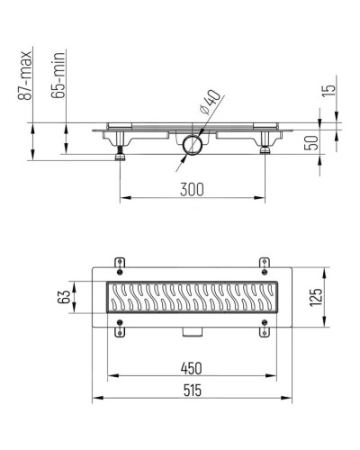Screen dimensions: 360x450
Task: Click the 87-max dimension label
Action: (24, 76)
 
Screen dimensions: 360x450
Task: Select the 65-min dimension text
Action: (58, 76)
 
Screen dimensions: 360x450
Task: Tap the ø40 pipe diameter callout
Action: (211, 102)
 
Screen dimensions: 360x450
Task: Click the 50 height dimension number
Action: (311, 143)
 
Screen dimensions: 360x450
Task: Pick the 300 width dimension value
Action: (192, 190)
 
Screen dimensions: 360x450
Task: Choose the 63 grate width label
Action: (64, 297)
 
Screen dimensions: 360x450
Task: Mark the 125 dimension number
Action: (316, 297)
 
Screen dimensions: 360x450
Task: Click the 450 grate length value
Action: (192, 368)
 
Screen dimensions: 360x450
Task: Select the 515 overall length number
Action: (193, 391)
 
